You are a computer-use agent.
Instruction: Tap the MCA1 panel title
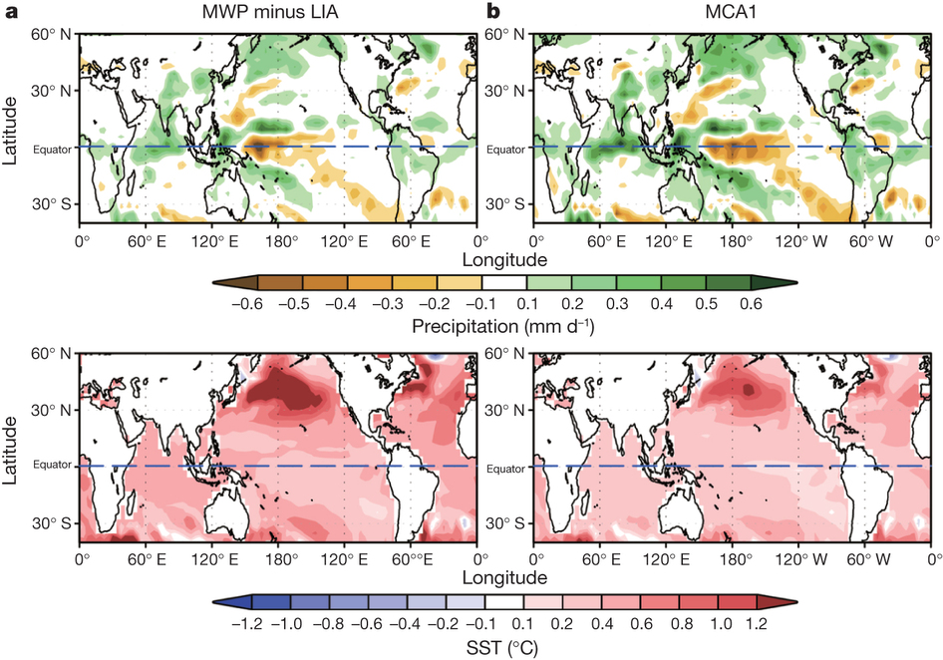(731, 13)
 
